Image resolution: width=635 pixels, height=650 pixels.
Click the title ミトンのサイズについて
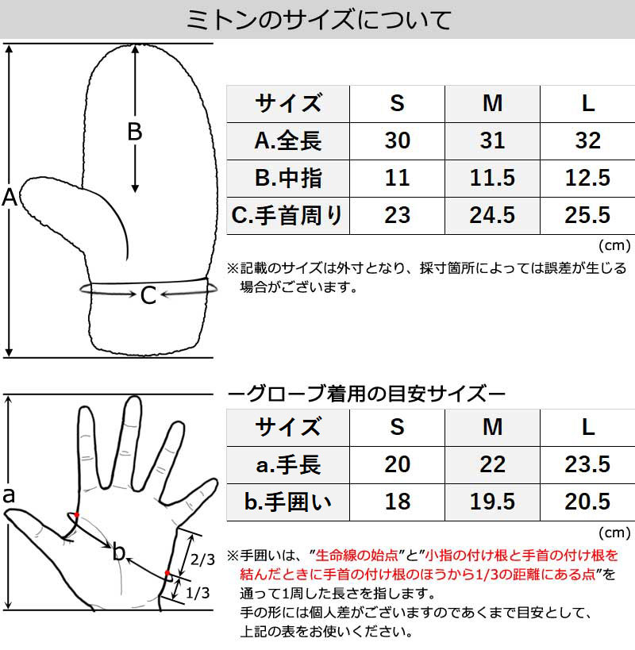(317, 19)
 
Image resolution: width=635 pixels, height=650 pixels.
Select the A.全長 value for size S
(397, 140)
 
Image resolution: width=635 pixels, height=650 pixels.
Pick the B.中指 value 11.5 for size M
(492, 178)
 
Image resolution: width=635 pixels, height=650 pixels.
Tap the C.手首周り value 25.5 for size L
(587, 214)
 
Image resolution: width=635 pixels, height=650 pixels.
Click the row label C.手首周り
(288, 214)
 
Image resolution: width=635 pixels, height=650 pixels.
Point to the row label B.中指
(288, 178)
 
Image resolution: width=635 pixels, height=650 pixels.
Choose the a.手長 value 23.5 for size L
(587, 464)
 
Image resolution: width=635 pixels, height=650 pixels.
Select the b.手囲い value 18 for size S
(397, 502)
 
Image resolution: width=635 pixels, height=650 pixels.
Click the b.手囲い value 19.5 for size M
(492, 502)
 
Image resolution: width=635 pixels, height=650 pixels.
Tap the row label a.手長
(288, 464)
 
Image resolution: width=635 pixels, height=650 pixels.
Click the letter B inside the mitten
(135, 132)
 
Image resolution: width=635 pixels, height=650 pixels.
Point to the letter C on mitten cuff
(148, 296)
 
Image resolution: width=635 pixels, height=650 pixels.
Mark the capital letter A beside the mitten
(10, 198)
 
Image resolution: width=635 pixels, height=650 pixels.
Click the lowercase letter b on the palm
(119, 550)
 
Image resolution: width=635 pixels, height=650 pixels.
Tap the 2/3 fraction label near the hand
(202, 560)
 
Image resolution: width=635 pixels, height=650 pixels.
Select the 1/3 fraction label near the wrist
(202, 593)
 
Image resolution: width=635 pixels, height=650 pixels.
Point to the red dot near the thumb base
(75, 515)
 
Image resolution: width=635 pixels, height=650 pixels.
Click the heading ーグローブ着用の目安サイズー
(366, 393)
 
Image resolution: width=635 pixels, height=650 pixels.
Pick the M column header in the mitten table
(492, 103)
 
